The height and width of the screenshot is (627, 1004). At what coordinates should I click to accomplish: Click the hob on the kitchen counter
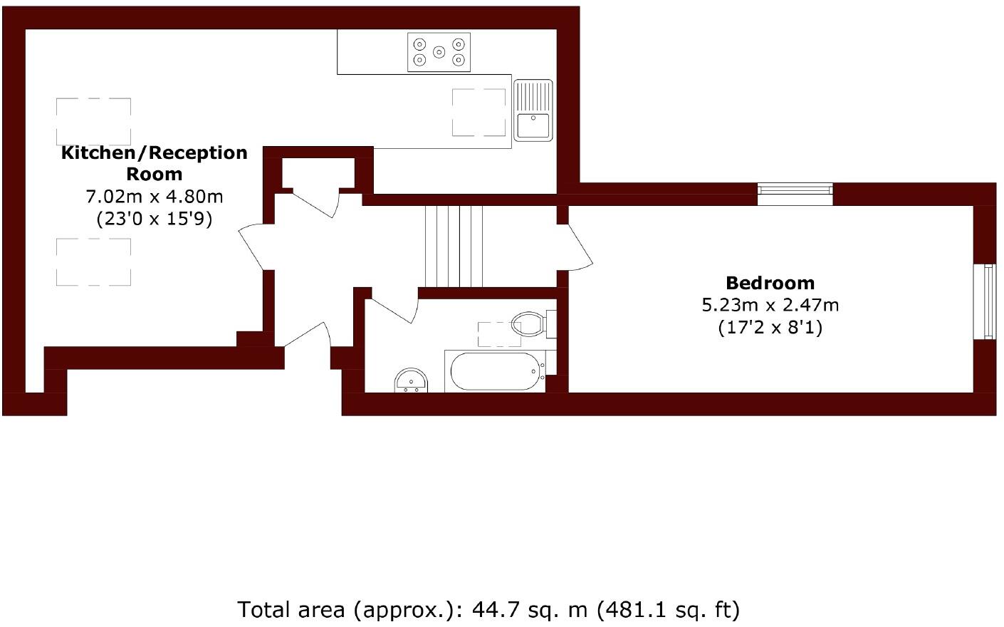point(439,52)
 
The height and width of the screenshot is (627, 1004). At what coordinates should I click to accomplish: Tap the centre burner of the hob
point(439,51)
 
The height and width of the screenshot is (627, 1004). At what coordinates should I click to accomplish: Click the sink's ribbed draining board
point(533,96)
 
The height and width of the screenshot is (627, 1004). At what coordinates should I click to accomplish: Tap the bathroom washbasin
point(412,380)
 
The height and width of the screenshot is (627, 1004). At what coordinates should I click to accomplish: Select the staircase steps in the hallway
point(454,246)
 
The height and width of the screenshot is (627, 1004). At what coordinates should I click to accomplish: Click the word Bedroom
point(770,283)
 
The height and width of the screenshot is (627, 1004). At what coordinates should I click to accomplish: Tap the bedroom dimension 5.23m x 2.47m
point(770,306)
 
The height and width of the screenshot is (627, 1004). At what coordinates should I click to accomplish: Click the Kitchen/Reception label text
point(155,152)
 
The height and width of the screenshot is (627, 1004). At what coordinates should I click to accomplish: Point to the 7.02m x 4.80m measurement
point(155,196)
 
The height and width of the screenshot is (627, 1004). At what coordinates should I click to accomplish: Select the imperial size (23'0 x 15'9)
point(155,218)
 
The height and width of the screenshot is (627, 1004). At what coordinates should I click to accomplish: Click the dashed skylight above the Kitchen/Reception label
point(93,120)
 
